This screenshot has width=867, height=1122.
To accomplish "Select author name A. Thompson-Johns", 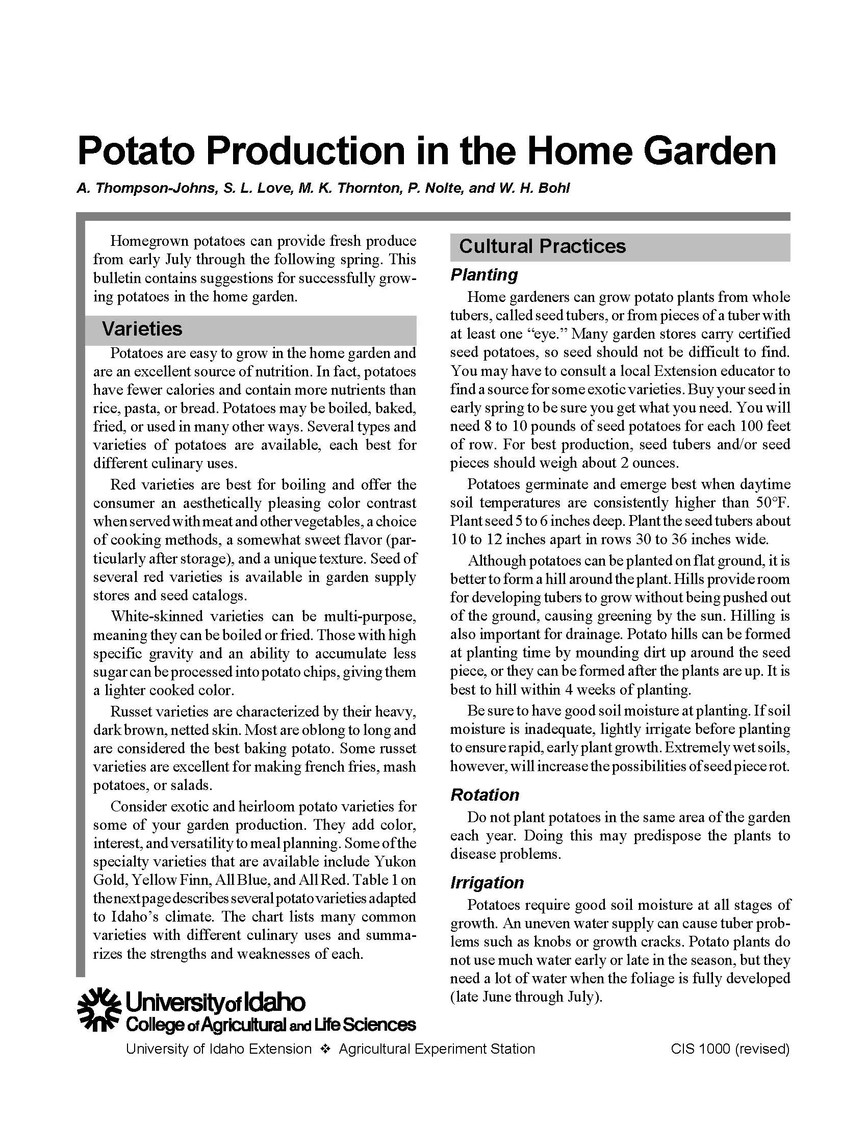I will click(x=146, y=188).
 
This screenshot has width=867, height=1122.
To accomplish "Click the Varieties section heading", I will click(x=142, y=329).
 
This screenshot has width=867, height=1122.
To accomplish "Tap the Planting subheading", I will click(x=484, y=275).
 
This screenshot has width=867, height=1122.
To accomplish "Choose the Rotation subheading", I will click(x=484, y=795).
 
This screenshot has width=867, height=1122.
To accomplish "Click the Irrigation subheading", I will click(x=487, y=883).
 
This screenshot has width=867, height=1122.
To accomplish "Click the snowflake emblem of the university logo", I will click(x=99, y=1009).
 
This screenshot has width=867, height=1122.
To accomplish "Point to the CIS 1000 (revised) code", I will click(x=730, y=1049).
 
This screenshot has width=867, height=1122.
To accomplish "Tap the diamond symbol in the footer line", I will click(x=324, y=1049).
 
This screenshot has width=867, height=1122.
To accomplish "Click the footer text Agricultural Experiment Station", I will click(x=437, y=1049).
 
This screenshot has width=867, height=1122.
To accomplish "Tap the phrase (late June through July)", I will click(x=526, y=997).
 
